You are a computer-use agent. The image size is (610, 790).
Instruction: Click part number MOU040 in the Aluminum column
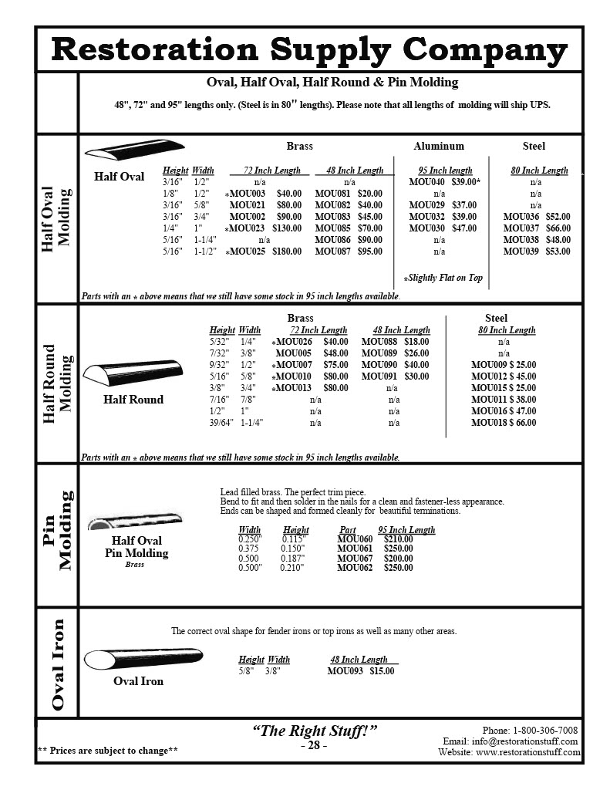(x=424, y=182)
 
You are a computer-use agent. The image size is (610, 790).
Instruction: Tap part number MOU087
(x=333, y=252)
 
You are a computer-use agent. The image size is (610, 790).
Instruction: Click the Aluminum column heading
(x=439, y=146)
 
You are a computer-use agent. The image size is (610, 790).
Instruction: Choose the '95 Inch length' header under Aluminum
(x=439, y=170)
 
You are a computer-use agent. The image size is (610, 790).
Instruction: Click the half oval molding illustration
(x=134, y=148)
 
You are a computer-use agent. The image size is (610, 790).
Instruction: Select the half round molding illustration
(x=133, y=376)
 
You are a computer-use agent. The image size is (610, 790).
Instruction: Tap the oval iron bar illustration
(x=142, y=660)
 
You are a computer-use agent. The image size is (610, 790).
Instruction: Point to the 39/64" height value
(x=221, y=423)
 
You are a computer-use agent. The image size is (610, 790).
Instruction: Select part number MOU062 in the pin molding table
(x=355, y=568)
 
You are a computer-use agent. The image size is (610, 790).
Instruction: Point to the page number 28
(x=314, y=746)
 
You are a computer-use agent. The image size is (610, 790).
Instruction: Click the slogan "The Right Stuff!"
(x=314, y=731)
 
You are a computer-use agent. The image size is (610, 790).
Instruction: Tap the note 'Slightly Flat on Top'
(x=443, y=278)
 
